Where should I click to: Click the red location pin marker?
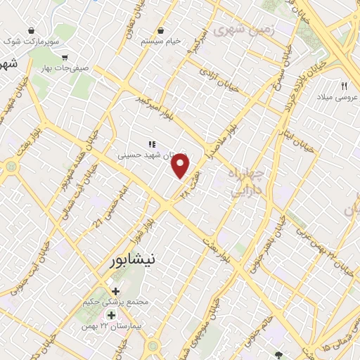[x=181, y=166]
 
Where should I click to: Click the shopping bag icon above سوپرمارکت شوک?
[x=32, y=31]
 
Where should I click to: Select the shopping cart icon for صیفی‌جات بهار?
[x=65, y=57]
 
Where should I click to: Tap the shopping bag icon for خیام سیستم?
[x=161, y=30]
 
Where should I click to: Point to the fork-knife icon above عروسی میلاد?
[x=344, y=85]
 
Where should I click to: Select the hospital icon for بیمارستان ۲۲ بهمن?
[x=111, y=314]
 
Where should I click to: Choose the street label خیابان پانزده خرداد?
[x=294, y=89]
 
